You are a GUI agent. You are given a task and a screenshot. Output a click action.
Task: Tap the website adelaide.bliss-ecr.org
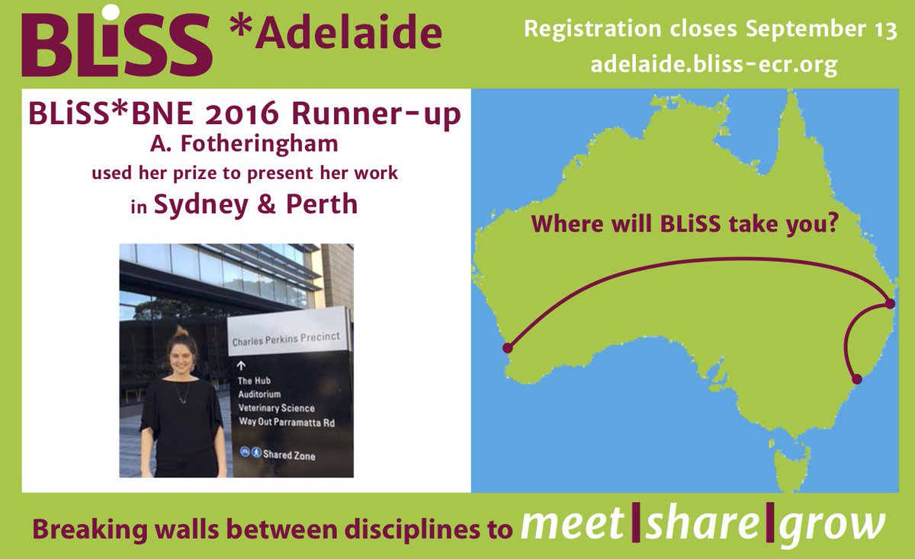pos(714,65)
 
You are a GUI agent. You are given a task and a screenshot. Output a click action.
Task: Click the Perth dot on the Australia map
pos(508,349)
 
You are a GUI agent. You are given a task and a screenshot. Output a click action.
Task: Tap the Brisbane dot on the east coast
pos(891,305)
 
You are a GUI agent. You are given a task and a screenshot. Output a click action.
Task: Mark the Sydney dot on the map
pos(856,379)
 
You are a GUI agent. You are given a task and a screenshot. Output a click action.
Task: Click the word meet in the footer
pos(573,525)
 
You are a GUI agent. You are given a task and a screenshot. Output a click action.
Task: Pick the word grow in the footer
pos(836,525)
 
